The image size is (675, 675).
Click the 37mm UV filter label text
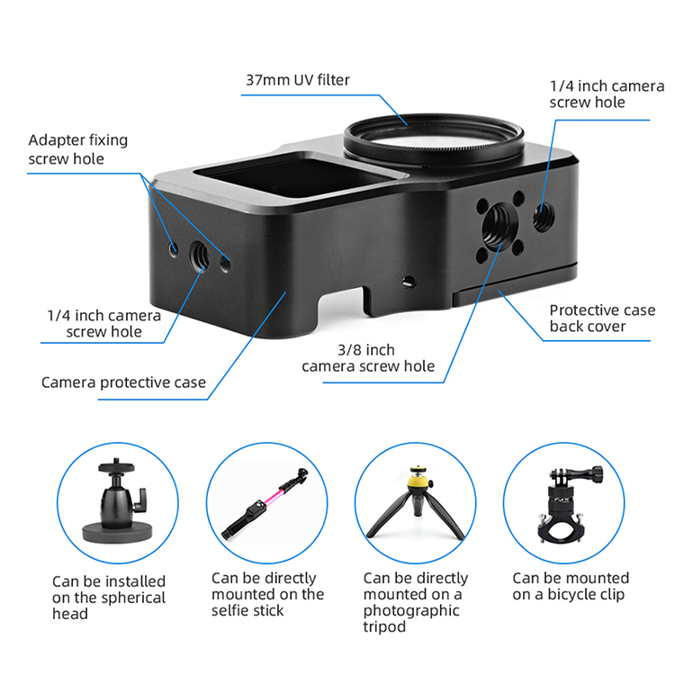point(298,80)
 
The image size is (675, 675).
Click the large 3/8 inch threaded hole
point(499,224)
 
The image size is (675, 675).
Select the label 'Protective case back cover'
point(602,318)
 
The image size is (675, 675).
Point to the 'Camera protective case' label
point(123,382)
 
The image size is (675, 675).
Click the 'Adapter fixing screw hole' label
point(78,149)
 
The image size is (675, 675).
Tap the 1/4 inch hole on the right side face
point(544,216)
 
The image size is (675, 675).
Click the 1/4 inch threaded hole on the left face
point(199,256)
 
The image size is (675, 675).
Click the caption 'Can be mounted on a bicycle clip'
point(571,586)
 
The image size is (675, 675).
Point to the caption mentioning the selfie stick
point(267,594)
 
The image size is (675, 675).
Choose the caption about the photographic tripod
point(416,602)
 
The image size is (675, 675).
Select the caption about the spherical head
point(109,598)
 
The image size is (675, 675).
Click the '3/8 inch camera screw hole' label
point(368,357)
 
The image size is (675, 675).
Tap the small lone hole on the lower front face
point(409,283)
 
